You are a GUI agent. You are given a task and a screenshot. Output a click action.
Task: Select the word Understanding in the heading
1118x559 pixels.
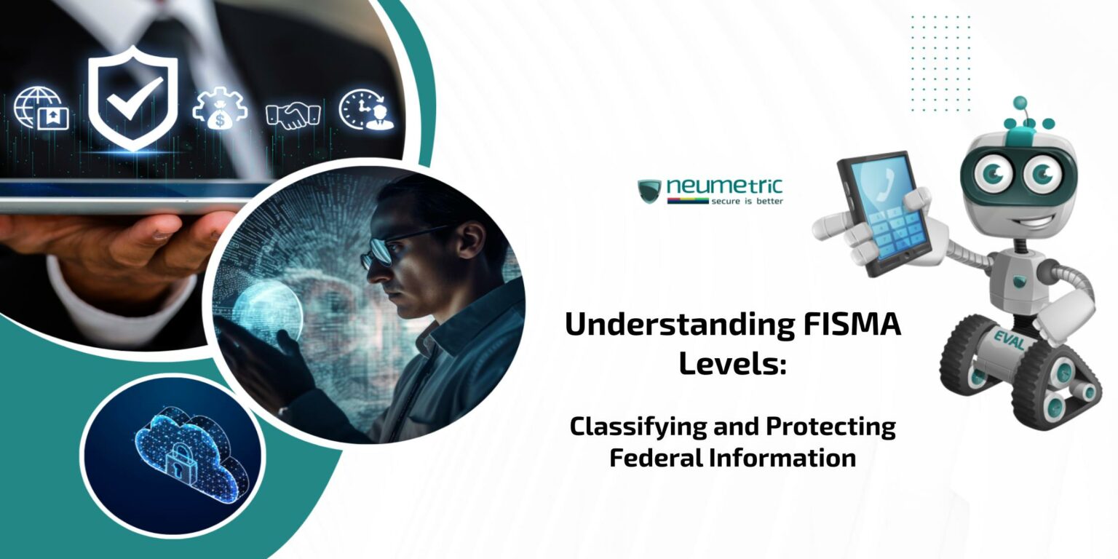tap(677, 325)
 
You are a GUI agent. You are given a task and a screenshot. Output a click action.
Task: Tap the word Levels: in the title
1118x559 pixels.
tap(732, 362)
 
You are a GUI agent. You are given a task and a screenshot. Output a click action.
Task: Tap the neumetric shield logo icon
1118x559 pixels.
tap(649, 191)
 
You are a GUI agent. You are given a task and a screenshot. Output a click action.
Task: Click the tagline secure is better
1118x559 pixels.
tap(747, 201)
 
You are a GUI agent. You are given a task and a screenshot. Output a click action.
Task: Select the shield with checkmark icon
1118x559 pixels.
tap(133, 98)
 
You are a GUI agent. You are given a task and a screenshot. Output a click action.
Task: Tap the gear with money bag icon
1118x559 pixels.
tap(219, 110)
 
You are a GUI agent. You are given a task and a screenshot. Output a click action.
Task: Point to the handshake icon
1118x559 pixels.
tap(293, 114)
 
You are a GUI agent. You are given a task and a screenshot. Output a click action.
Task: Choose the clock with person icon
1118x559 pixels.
tap(366, 110)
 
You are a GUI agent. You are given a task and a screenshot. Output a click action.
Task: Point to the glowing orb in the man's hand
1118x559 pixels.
tap(269, 314)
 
